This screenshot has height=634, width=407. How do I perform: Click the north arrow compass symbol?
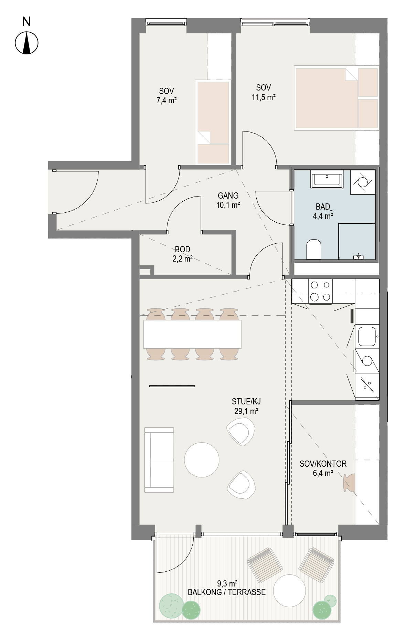[x=26, y=43]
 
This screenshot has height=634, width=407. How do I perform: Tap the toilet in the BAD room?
[x=313, y=249]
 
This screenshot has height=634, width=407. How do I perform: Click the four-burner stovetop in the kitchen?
[x=321, y=291]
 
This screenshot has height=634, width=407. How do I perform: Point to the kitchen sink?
[x=367, y=337]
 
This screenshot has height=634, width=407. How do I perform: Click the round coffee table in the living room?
[x=202, y=459]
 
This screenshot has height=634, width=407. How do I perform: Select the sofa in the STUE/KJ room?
[x=159, y=460]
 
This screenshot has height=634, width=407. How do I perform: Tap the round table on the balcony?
[x=289, y=591]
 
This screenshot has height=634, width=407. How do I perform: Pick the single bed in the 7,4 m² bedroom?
[x=213, y=122]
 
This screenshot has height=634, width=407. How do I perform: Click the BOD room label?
[x=182, y=249]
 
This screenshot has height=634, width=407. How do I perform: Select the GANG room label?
[x=228, y=196]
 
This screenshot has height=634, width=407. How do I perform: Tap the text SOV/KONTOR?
[x=323, y=464]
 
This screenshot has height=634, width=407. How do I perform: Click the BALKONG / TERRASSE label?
[x=227, y=592]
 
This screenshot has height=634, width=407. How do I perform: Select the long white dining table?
[x=192, y=334]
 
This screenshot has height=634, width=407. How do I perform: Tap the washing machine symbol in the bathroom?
[x=363, y=182]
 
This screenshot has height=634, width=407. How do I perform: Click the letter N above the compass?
[x=26, y=22]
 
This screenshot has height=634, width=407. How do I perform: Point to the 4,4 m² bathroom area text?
[x=323, y=216]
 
